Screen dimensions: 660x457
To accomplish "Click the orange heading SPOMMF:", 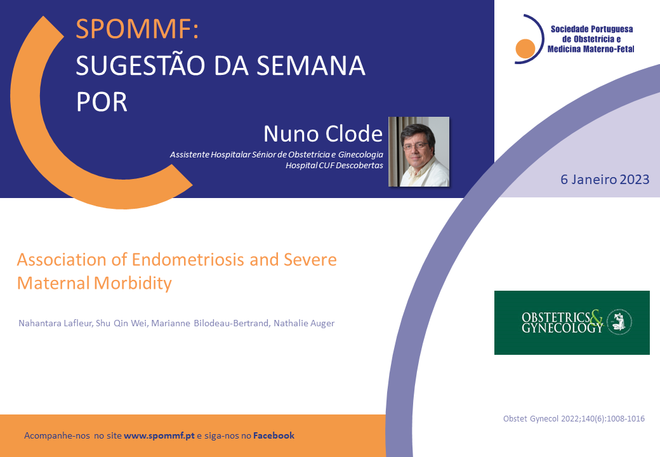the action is point(137,29).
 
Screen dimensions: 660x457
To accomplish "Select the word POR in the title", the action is point(102,102).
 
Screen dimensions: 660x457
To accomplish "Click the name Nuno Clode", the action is point(323,133).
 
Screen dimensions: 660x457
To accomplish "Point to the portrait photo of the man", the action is point(419,152).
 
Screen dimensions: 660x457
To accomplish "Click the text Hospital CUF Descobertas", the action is point(334,166).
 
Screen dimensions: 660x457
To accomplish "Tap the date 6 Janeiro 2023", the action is point(605,179).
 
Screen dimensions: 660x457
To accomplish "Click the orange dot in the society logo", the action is point(525,48).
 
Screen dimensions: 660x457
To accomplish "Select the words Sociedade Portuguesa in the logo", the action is point(592,29).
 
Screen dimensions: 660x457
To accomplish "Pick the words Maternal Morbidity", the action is point(95,283).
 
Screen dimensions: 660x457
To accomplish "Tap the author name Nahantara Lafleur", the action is point(55,323).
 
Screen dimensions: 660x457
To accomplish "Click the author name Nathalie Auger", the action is point(304,323).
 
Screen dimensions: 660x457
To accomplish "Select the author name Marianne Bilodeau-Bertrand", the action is point(211,323).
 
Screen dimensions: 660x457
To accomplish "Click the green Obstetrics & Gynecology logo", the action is point(572,323).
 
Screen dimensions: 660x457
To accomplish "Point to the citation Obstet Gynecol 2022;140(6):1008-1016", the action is point(574,419).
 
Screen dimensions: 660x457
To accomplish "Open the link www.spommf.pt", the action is point(159,435).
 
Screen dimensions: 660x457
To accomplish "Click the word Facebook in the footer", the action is point(274,435).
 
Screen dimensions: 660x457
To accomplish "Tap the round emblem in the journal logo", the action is point(619,322).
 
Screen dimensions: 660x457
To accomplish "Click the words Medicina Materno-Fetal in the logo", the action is point(591,50).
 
